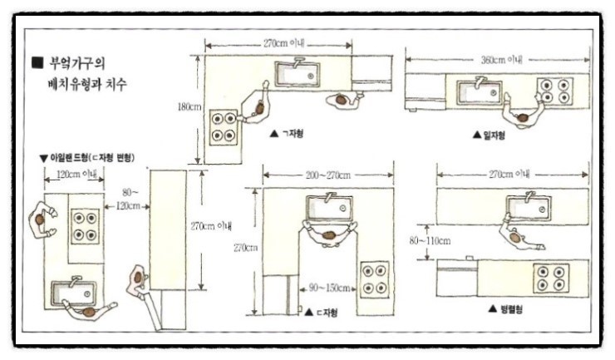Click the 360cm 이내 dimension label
[502, 60]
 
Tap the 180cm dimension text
[189, 106]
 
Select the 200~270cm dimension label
[328, 175]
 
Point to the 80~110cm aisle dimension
[430, 240]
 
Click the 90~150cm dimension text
[329, 288]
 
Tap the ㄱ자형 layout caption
[287, 134]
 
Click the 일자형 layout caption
[489, 136]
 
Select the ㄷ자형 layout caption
[321, 313]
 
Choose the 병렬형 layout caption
[505, 309]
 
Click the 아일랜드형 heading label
[87, 158]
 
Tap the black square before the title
[37, 63]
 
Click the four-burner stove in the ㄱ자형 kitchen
[224, 127]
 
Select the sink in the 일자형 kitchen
[480, 92]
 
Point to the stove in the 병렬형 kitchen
[551, 278]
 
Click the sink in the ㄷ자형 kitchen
[329, 207]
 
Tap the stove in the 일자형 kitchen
[555, 91]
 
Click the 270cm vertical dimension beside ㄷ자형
[245, 248]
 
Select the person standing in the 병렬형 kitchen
[519, 235]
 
